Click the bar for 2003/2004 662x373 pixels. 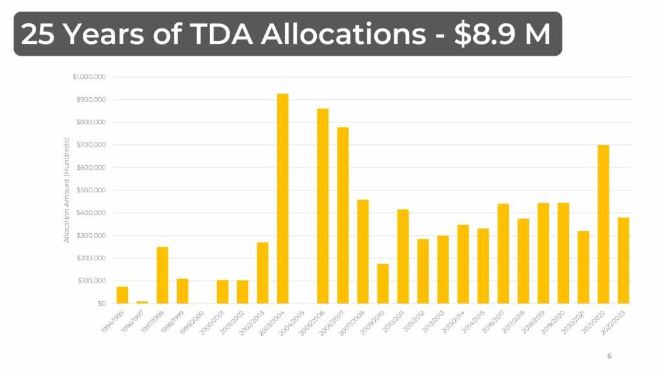pos(283,198)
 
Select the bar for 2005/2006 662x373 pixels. pos(323,206)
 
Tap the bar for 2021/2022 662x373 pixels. pos(603,224)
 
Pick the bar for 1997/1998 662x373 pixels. pos(162,275)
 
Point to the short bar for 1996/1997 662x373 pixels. pos(142,302)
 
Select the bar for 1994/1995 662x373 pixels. pos(122,295)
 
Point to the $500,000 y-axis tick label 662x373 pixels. pos(92,190)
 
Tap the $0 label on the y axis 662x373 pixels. pos(101,304)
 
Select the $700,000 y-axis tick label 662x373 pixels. pos(92,145)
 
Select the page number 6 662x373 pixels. pos(609,356)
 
